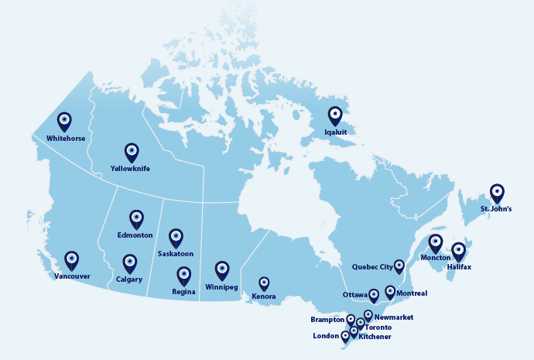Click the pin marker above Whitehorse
[64, 121]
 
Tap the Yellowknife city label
[130, 168]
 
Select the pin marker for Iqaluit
[335, 115]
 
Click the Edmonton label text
[135, 235]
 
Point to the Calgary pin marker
[130, 263]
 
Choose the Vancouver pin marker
[72, 259]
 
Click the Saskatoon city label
[176, 253]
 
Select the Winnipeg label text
[221, 286]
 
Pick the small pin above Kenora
[264, 283]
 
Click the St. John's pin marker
[497, 193]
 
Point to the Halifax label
[459, 267]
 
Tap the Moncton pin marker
[436, 243]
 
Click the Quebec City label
[372, 267]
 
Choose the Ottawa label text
[354, 294]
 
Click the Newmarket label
[393, 317]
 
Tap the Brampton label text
[327, 319]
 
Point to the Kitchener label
[375, 337]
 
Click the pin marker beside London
[345, 337]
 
